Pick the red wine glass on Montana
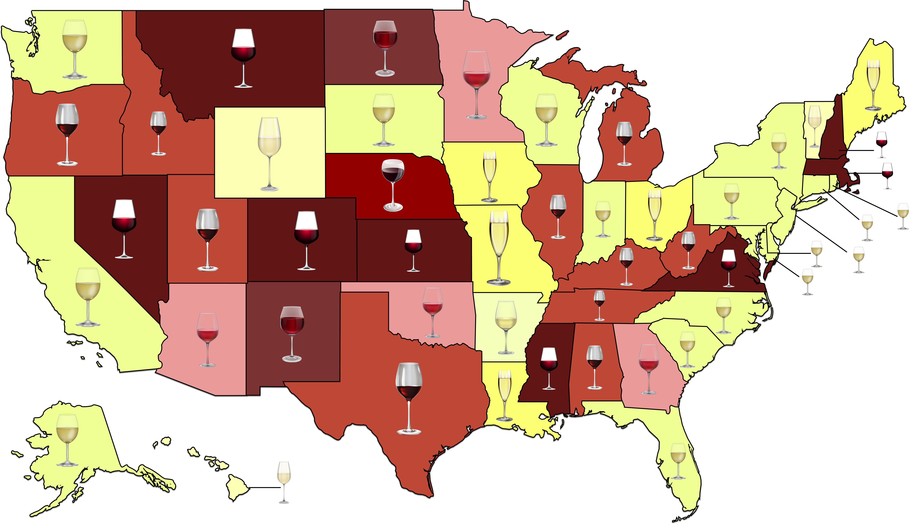pos(243,58)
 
